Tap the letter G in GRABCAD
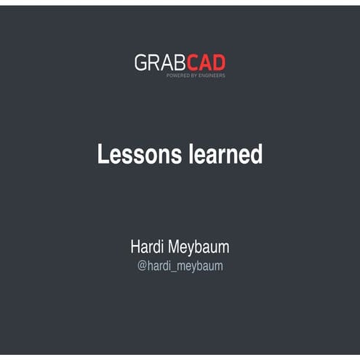click(141, 63)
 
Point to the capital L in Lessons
click(103, 154)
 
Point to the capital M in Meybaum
click(177, 247)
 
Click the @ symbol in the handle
click(143, 266)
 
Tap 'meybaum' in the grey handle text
click(200, 267)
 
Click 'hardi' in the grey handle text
click(159, 266)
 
